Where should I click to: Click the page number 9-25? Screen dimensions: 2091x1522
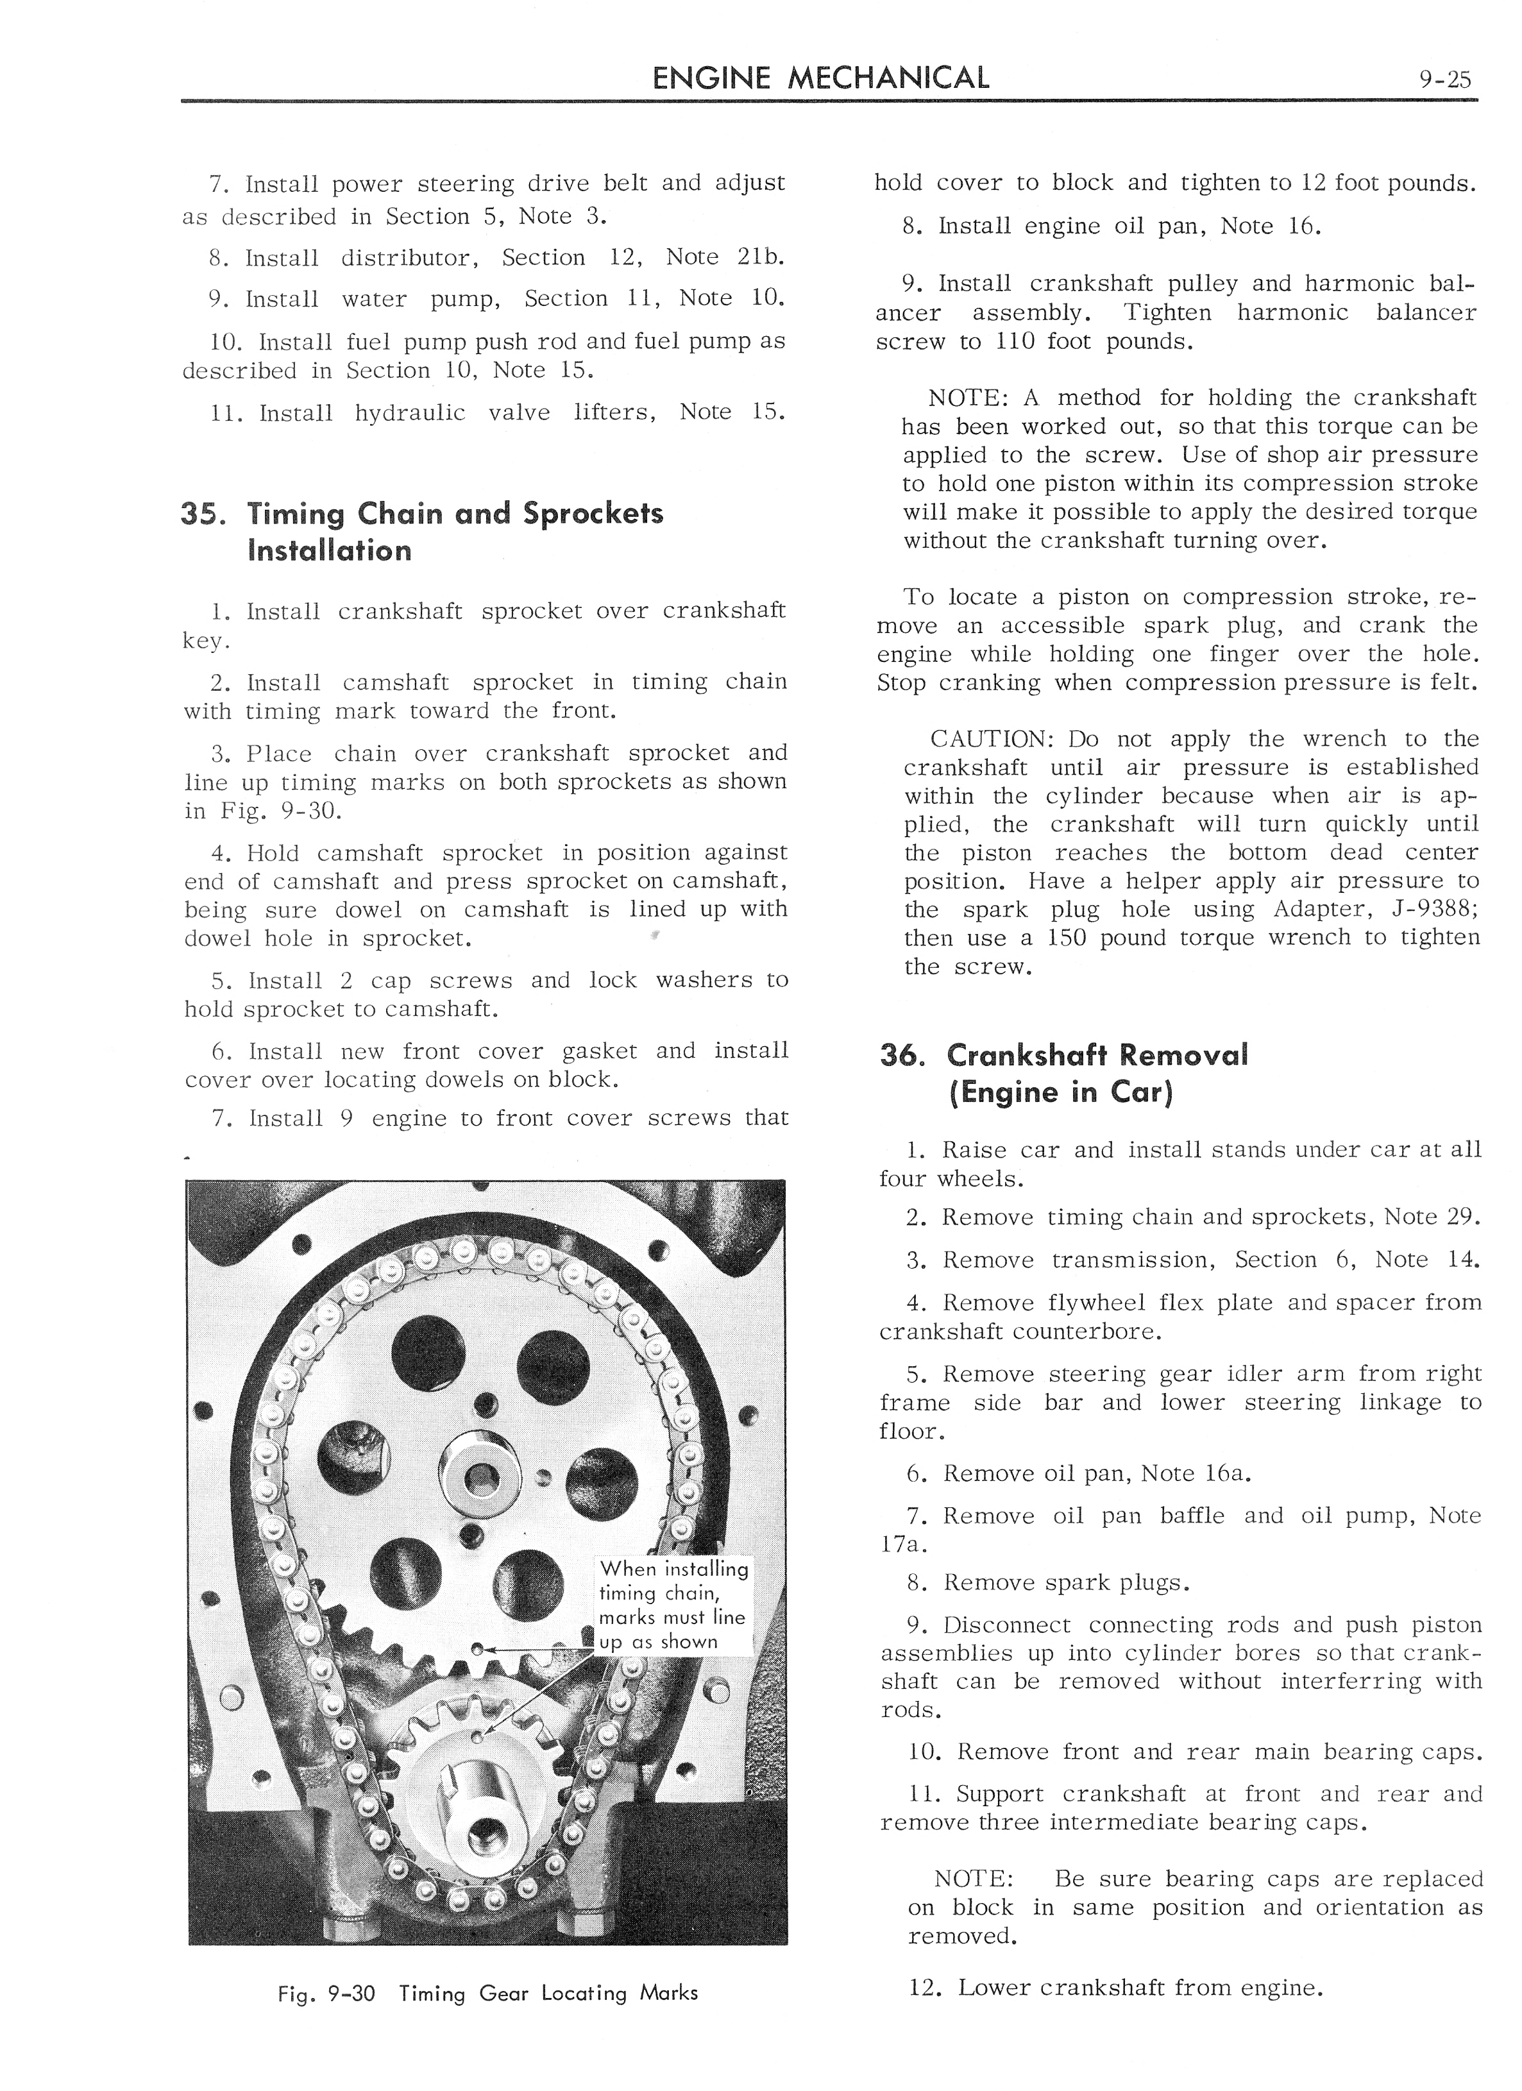click(1446, 80)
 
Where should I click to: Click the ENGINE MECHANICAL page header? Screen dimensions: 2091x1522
click(820, 78)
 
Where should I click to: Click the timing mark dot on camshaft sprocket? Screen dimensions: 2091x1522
click(477, 1648)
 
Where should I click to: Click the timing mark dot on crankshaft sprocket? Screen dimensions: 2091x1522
click(477, 1737)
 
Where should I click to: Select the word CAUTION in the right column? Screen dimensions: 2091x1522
click(992, 740)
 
